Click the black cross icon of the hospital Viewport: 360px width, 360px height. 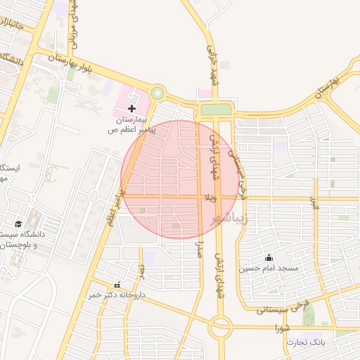pos(132,108)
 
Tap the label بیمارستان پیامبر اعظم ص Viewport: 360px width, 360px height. pos(130,125)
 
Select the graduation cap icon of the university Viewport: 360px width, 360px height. pos(18,224)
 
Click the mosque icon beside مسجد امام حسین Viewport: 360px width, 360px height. pos(268,257)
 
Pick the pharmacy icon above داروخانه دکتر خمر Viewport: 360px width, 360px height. pos(117,285)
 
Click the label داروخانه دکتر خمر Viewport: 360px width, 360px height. pos(117,296)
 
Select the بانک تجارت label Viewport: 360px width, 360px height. pos(307,342)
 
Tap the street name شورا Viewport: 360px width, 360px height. pos(283,328)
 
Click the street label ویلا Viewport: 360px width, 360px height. pos(210,198)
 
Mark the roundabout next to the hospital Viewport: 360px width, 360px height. pos(157,93)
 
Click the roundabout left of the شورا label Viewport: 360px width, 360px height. pos(221,326)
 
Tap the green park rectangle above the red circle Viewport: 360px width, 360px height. pos(216,109)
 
